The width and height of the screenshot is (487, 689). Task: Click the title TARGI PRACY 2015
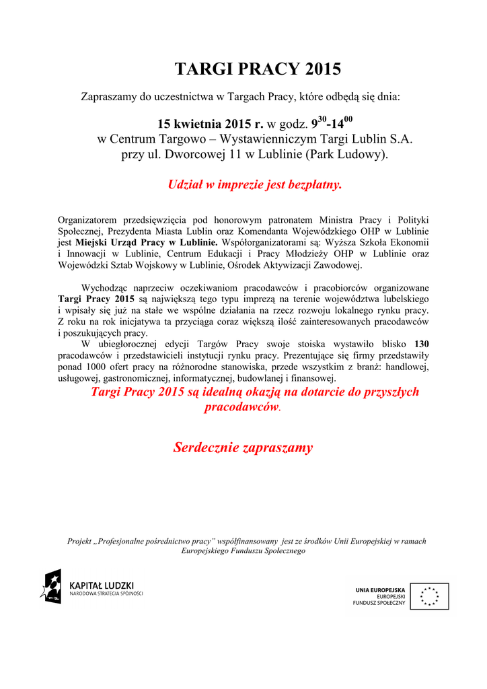258,69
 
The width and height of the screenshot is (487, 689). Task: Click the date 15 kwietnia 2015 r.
210,124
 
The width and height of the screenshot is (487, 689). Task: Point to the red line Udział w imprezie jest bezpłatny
254,185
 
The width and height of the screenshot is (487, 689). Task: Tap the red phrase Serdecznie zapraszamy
243,447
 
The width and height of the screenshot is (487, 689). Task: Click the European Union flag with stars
429,596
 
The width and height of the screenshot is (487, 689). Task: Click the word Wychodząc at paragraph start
104,287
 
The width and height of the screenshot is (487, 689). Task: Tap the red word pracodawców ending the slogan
241,408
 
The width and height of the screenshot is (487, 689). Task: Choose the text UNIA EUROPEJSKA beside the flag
380,590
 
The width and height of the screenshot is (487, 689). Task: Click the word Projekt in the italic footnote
81,541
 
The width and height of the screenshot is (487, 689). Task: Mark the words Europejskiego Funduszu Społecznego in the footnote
243,550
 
